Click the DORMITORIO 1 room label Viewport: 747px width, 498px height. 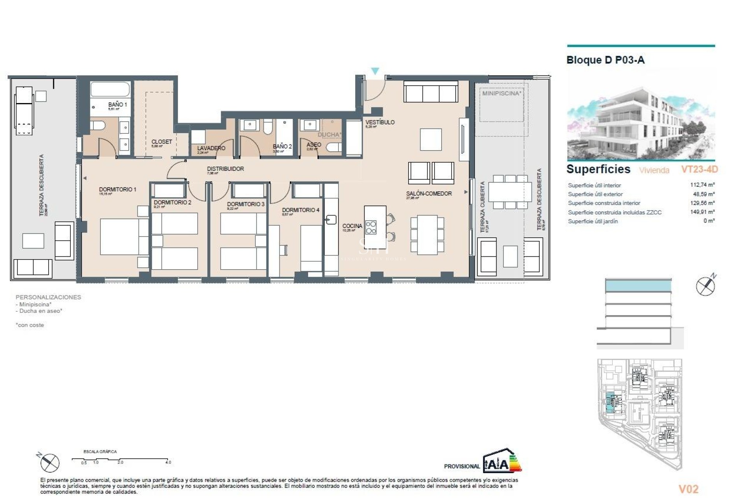click(x=117, y=189)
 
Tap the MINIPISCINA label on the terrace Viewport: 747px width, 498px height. click(x=501, y=93)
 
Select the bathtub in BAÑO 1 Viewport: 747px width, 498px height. click(x=110, y=89)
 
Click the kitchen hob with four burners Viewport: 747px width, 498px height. click(x=371, y=227)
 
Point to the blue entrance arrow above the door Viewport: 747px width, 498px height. click(x=375, y=71)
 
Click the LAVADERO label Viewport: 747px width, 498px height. click(x=211, y=148)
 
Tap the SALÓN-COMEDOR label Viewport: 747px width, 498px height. click(x=429, y=193)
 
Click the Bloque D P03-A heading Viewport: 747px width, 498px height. click(x=605, y=60)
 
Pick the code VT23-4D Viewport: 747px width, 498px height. click(x=699, y=169)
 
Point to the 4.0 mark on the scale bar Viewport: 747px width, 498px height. click(x=168, y=462)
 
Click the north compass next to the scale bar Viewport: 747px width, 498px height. click(x=49, y=463)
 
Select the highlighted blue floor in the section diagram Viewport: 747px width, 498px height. click(x=638, y=286)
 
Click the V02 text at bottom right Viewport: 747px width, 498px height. click(x=688, y=489)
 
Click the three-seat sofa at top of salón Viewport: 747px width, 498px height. click(x=431, y=92)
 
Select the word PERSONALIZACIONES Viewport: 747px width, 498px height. click(x=48, y=297)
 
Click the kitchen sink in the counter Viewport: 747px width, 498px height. click(x=331, y=220)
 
